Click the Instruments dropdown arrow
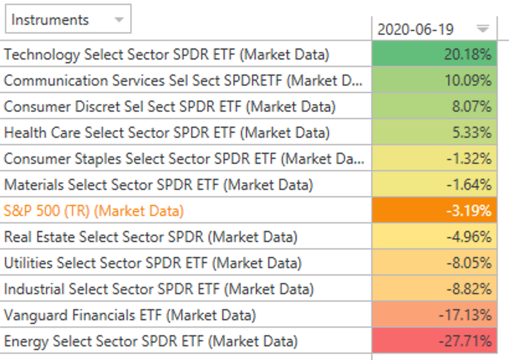click(119, 20)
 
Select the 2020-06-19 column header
click(416, 29)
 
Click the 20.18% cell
click(435, 54)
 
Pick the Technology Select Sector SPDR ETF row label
click(166, 54)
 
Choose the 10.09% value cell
click(435, 80)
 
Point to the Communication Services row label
click(183, 80)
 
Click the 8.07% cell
click(435, 106)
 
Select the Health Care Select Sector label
click(166, 132)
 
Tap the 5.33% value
click(435, 132)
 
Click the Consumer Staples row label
click(184, 158)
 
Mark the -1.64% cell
click(435, 184)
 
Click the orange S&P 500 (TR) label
click(94, 210)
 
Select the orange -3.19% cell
click(435, 210)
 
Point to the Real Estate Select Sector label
click(150, 236)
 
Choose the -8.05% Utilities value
click(435, 263)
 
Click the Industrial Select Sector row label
click(158, 289)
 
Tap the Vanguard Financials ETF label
click(129, 315)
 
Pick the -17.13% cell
click(435, 315)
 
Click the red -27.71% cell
click(435, 341)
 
